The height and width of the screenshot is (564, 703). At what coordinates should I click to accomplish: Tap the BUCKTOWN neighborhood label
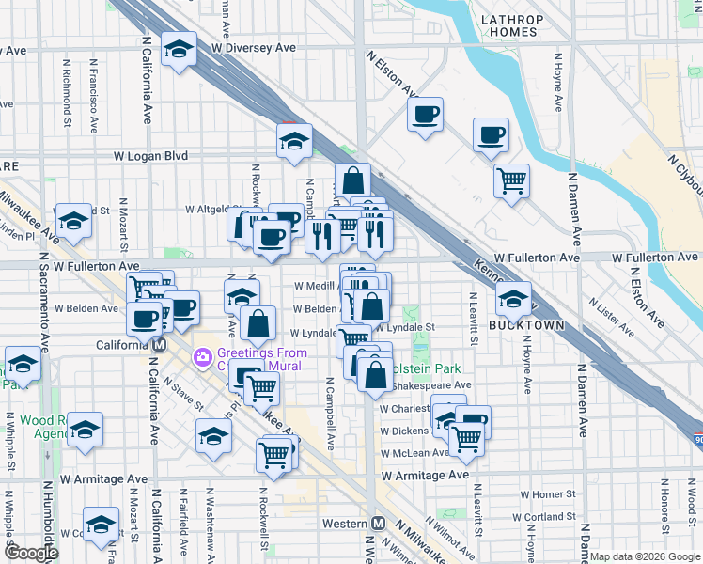[x=526, y=325]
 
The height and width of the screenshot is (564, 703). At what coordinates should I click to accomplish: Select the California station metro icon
[x=160, y=344]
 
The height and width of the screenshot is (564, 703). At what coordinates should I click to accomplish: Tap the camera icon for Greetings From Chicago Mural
[x=200, y=357]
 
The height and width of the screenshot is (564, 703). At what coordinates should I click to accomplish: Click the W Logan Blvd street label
[x=150, y=156]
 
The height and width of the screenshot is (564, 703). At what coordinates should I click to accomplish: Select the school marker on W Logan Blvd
[x=294, y=142]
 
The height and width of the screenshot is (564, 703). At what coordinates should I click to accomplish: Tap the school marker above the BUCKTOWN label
[x=513, y=300]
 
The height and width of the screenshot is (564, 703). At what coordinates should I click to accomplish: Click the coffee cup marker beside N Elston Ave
[x=425, y=115]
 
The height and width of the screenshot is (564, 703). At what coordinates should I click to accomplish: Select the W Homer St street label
[x=547, y=494]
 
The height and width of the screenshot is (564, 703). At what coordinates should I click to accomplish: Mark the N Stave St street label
[x=183, y=394]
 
